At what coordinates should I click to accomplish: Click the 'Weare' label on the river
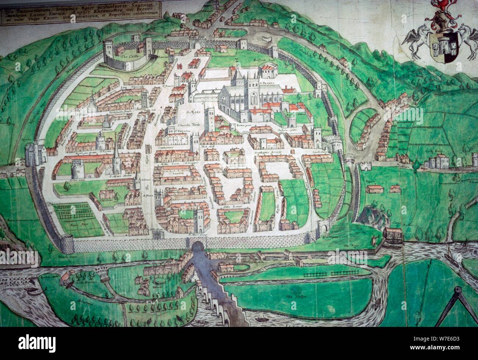click(x=8, y=274)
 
